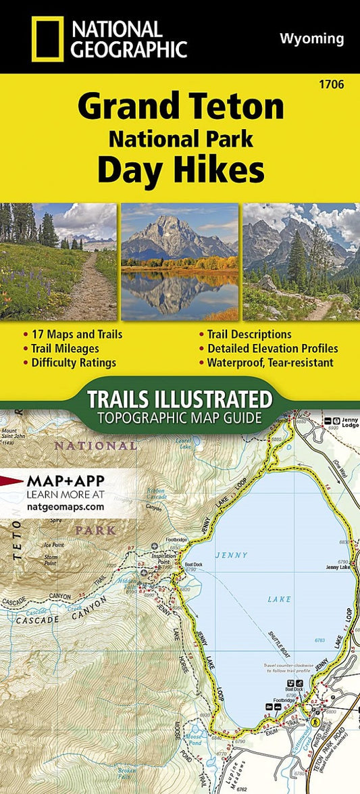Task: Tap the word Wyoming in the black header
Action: click(311, 39)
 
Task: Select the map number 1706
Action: click(334, 84)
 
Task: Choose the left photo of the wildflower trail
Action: click(59, 262)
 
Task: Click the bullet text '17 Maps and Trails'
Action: click(78, 334)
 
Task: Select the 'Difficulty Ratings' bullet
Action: click(74, 362)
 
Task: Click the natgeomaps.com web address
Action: click(66, 505)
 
